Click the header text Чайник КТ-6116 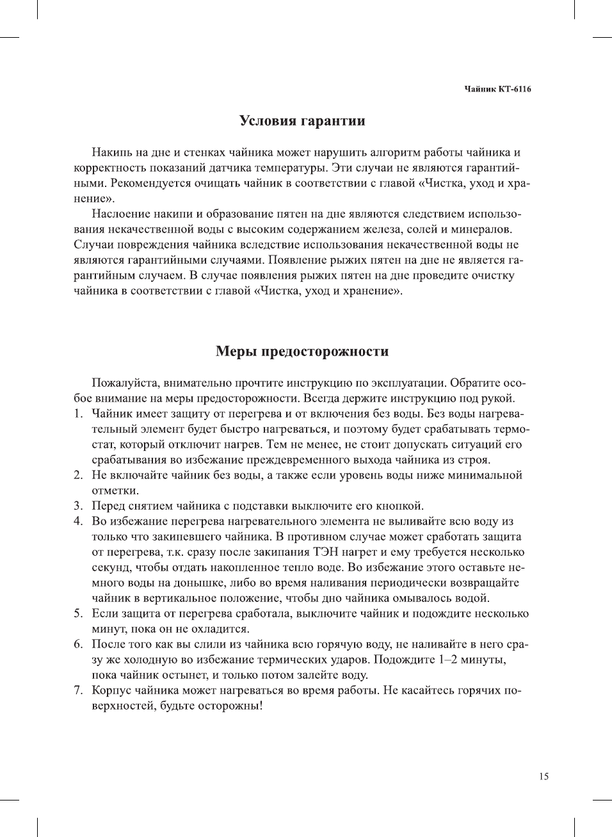point(497,89)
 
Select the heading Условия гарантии point(302,121)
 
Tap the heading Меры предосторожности point(302,352)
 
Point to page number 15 point(544,776)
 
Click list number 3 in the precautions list point(77,506)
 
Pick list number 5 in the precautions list point(77,614)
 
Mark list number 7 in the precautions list point(77,690)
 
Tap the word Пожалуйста point(125,383)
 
